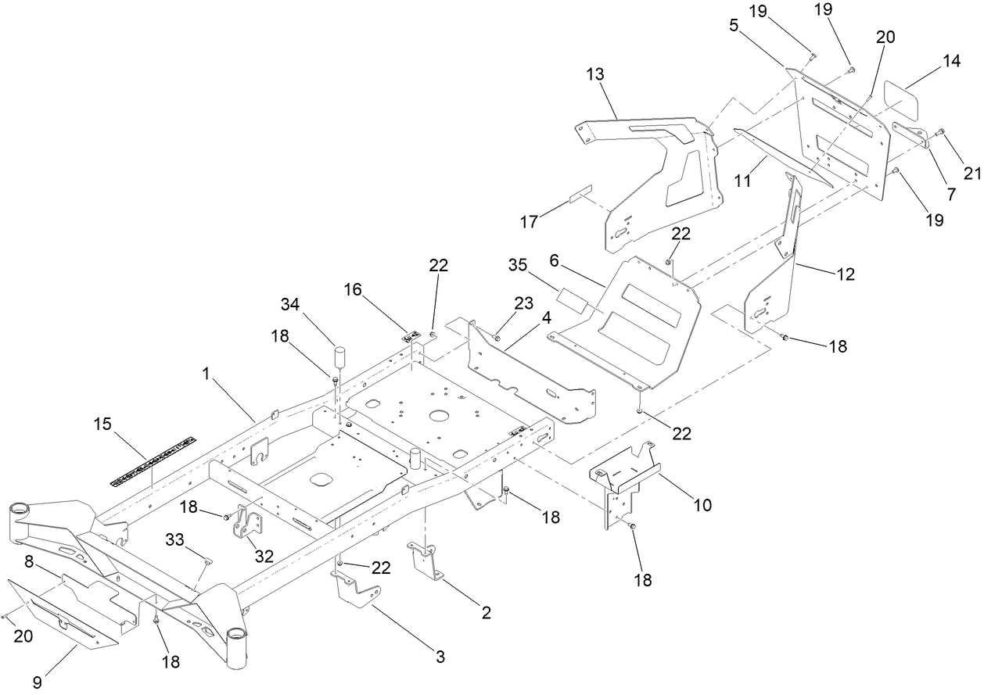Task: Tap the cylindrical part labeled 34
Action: tap(340, 359)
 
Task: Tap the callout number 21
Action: tap(971, 174)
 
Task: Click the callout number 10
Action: tap(702, 505)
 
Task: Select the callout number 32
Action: tap(264, 556)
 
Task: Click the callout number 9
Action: tap(37, 682)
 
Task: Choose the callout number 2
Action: tap(486, 613)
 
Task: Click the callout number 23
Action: tap(523, 303)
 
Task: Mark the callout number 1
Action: tap(206, 374)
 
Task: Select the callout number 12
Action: tap(845, 274)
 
